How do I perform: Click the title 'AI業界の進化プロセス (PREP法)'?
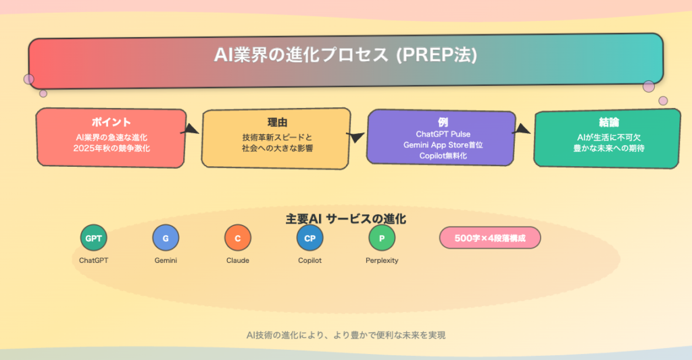point(345,55)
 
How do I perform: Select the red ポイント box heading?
point(112,122)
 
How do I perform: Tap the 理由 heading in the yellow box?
point(277,122)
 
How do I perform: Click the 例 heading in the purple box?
point(443,122)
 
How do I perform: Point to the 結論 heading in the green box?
point(609,122)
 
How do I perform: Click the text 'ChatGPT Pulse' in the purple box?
point(443,134)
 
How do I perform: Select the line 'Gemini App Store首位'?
point(443,145)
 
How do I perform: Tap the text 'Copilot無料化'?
point(443,156)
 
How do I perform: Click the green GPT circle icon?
point(93,238)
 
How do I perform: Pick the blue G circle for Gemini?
point(166,238)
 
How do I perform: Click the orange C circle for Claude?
point(238,238)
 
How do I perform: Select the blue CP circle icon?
point(310,238)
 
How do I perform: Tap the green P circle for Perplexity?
point(382,238)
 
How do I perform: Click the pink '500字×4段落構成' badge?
point(490,238)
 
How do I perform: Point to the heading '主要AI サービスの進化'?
point(345,219)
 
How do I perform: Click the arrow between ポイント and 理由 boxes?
point(191,129)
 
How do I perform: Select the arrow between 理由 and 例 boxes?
point(355,136)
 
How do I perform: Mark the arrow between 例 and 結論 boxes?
point(522,129)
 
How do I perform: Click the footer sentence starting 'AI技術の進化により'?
point(345,335)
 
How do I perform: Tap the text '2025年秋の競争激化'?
point(112,148)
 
